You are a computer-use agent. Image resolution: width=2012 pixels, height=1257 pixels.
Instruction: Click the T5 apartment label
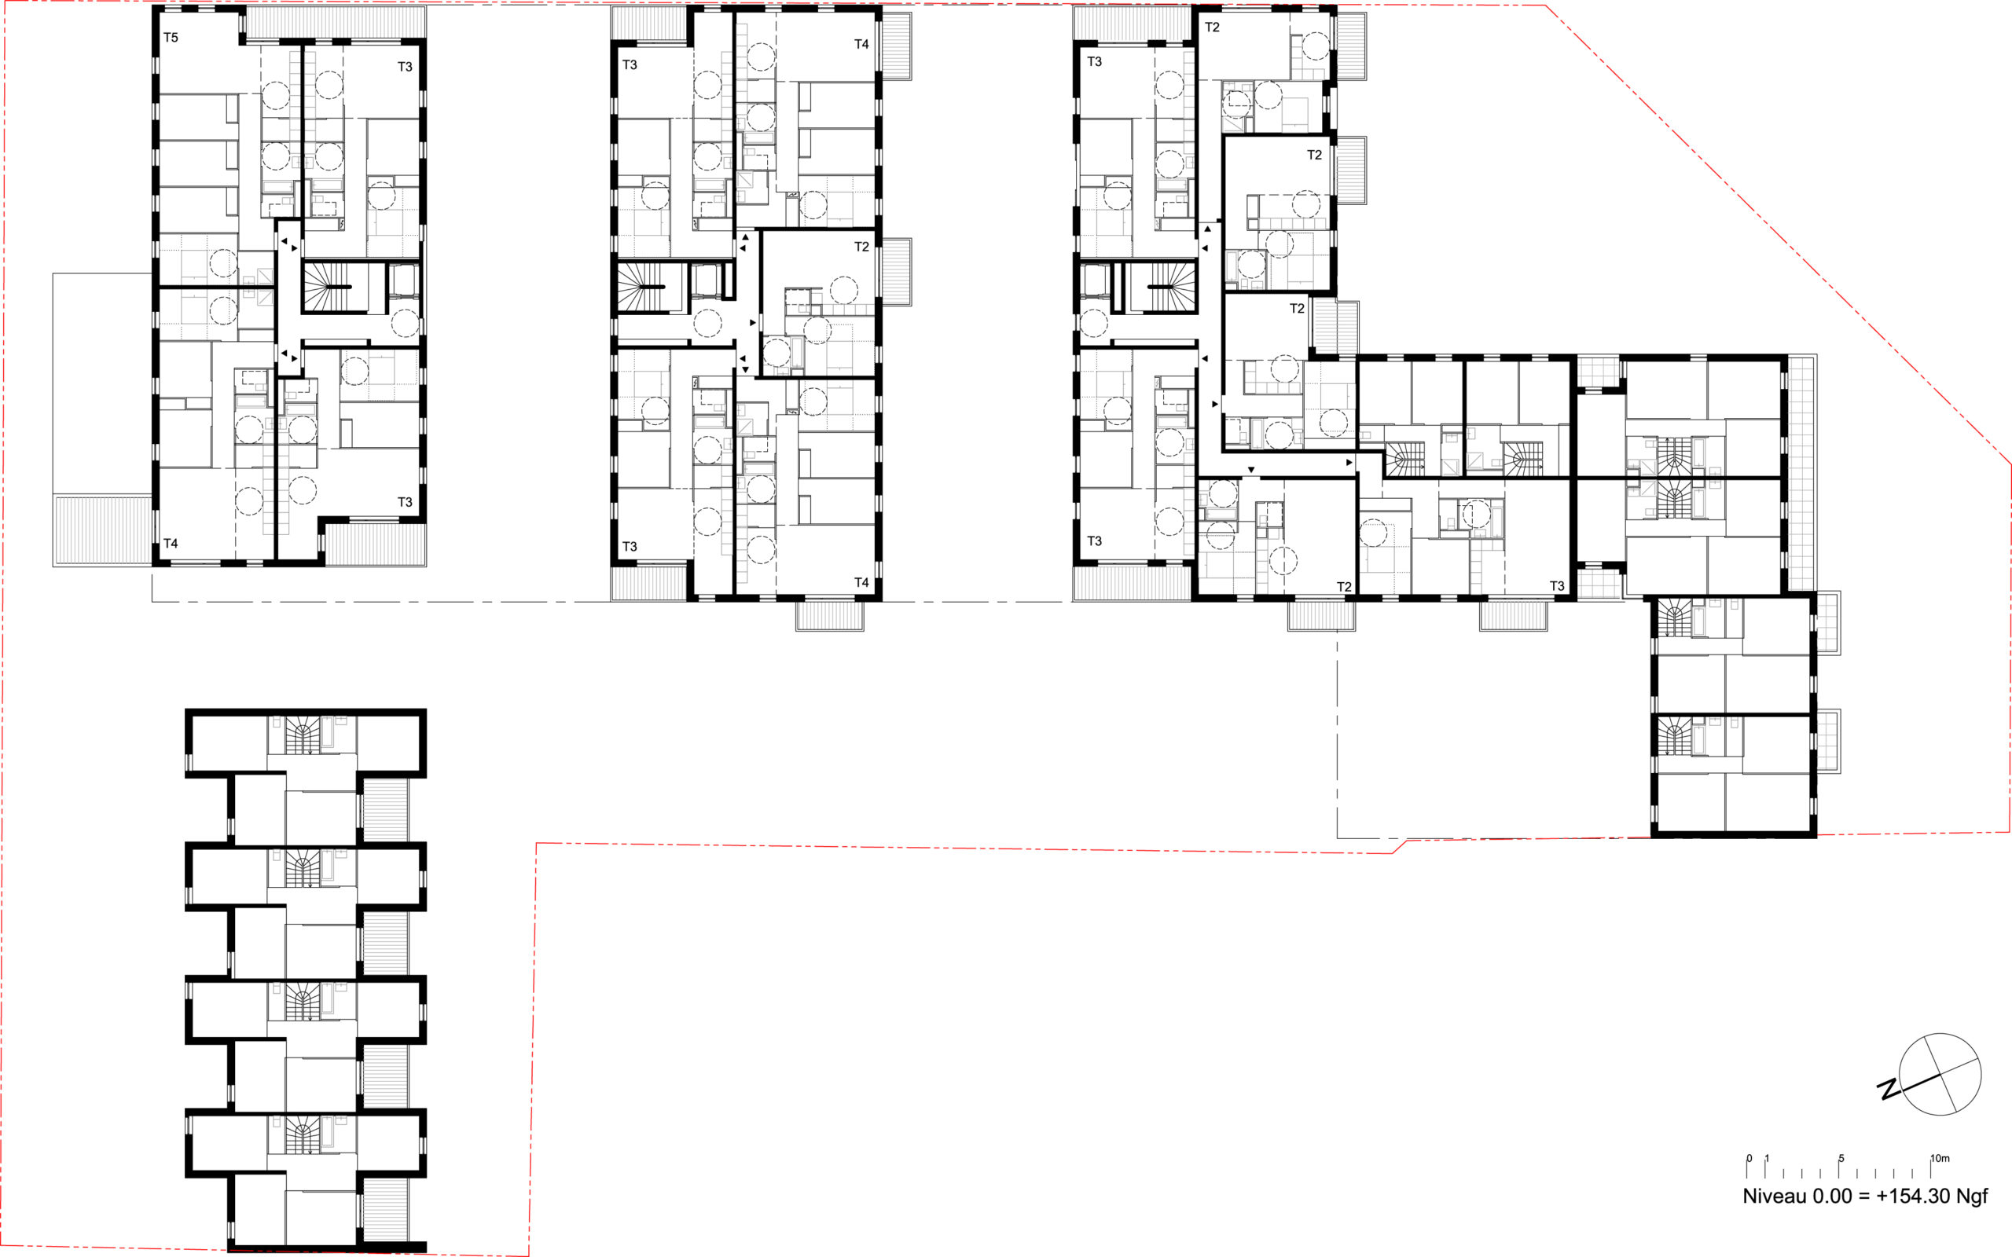coord(171,38)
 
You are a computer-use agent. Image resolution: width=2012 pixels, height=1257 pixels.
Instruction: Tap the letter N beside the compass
coord(1888,1089)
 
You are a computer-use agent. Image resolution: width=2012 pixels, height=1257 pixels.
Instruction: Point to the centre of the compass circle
coord(1940,1074)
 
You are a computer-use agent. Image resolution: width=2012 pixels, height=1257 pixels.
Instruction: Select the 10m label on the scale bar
coord(1939,1158)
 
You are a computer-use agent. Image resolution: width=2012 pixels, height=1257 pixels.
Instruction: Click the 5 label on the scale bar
coord(1841,1158)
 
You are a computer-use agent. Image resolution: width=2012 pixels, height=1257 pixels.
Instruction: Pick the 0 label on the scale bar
coord(1749,1158)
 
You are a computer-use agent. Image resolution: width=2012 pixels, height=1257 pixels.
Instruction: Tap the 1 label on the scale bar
coord(1768,1158)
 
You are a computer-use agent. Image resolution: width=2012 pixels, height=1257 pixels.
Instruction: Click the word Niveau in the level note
coord(1775,1197)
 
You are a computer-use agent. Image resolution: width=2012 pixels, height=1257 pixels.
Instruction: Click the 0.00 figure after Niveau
coord(1828,1197)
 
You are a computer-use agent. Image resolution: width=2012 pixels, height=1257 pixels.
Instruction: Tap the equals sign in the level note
coord(1860,1197)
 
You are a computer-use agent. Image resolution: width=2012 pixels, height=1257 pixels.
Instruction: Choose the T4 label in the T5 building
coord(171,544)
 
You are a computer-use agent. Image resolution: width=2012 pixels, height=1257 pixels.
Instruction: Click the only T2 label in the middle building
coord(861,247)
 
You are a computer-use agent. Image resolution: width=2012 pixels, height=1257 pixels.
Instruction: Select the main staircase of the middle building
coord(643,288)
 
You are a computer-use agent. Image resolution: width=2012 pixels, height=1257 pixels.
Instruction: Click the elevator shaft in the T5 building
coord(404,280)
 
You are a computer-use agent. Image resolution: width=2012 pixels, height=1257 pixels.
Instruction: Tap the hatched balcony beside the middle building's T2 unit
coord(896,273)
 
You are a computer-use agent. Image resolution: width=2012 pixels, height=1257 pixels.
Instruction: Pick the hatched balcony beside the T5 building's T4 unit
coord(103,530)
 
